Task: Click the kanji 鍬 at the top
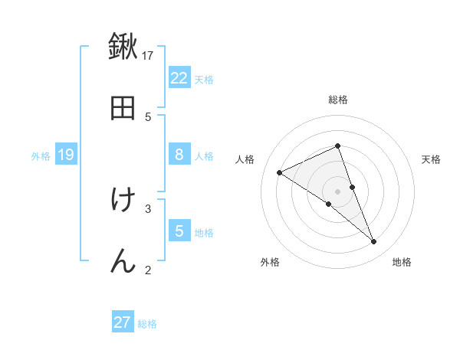coord(123,47)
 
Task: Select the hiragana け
coord(123,200)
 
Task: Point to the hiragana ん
coord(123,260)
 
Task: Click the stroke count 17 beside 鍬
coord(148,55)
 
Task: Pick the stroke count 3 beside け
coord(148,208)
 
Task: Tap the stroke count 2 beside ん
coord(148,269)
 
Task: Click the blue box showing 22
coord(179,78)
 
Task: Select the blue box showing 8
coord(179,155)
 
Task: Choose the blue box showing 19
coord(66,155)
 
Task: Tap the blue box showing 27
coord(123,322)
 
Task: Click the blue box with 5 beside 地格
coord(179,231)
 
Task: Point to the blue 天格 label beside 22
coord(204,79)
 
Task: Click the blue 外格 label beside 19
coord(41,155)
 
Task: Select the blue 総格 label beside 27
coord(147,323)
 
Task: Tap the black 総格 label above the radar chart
coord(338,100)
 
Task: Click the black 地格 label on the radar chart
coord(402,262)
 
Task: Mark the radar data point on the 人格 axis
coord(280,172)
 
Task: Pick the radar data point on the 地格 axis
coord(374,242)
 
